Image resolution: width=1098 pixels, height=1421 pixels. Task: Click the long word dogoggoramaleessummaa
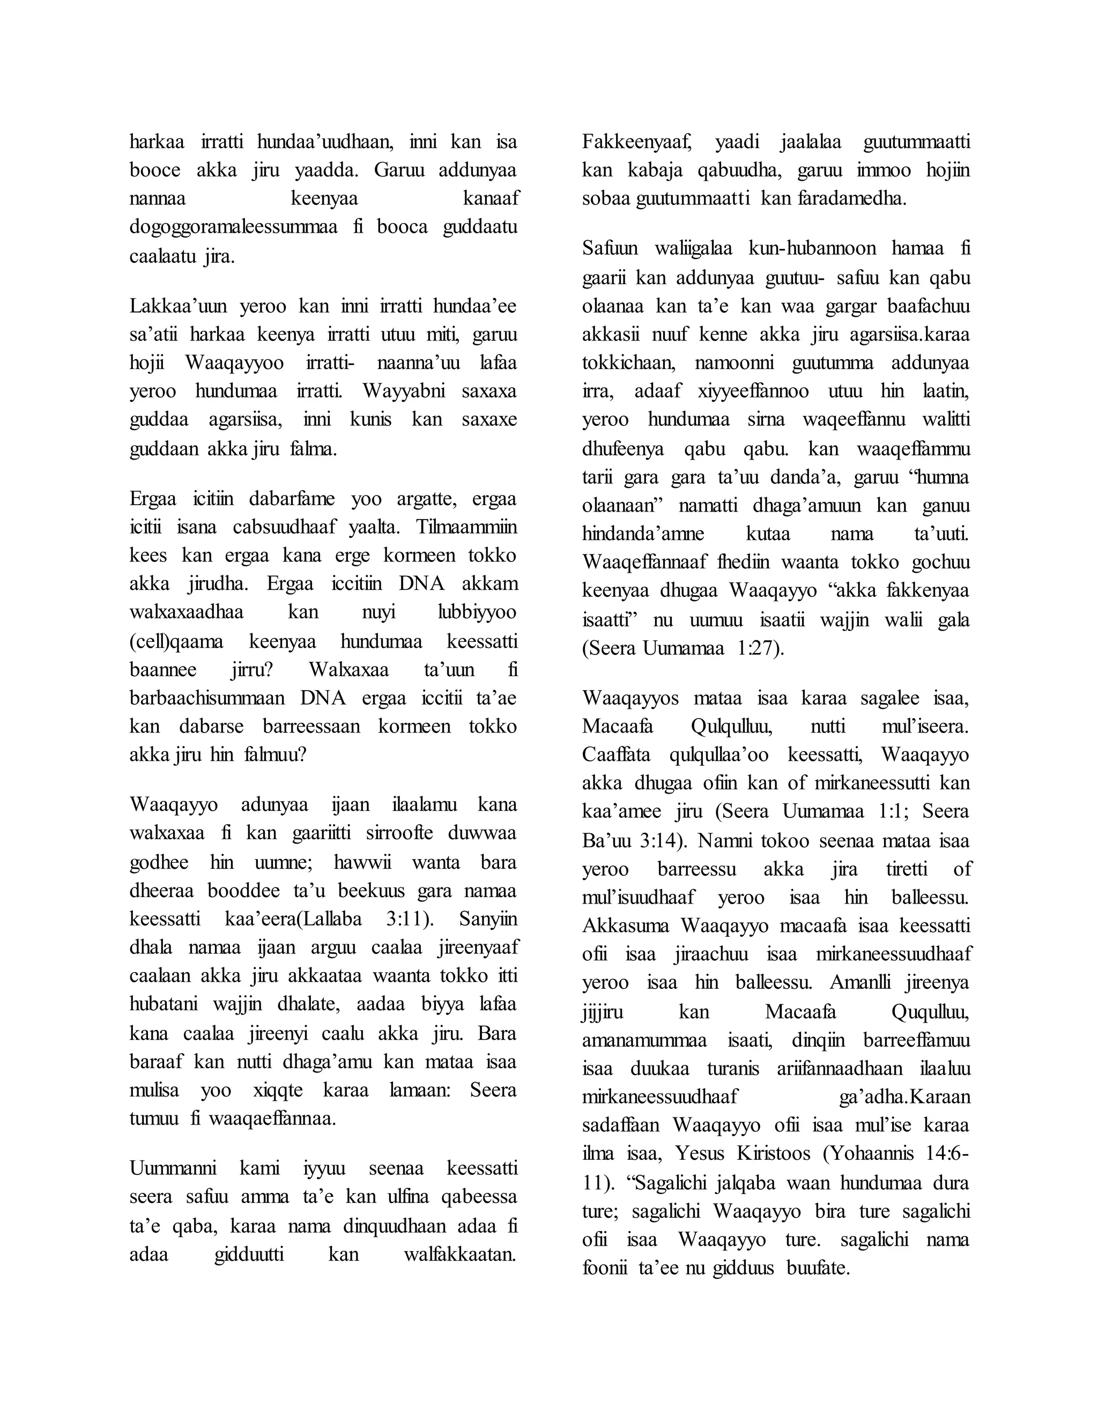coord(234,227)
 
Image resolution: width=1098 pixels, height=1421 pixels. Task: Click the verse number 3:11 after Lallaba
coord(397,919)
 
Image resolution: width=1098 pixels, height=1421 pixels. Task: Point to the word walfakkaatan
coord(460,1254)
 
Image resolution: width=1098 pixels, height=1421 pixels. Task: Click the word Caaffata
coord(616,755)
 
